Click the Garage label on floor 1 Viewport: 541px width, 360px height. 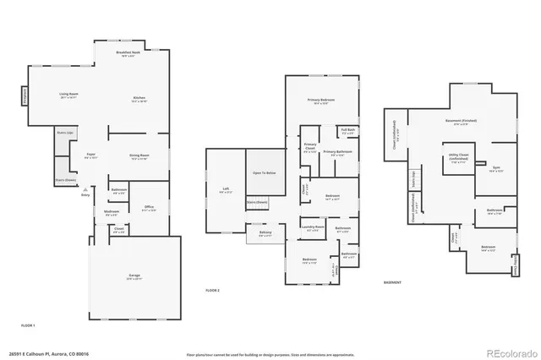click(x=134, y=276)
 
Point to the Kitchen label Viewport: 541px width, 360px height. click(x=139, y=100)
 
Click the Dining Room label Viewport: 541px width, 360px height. click(x=139, y=156)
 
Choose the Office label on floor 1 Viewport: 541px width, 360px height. click(x=149, y=206)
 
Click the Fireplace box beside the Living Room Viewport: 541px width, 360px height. click(x=25, y=96)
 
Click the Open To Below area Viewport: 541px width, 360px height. click(x=265, y=172)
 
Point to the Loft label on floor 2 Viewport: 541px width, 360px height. click(x=225, y=189)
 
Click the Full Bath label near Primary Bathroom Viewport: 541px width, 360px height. click(x=347, y=131)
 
